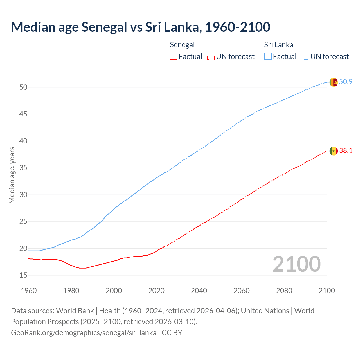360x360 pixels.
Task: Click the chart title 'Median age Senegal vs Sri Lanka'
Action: click(x=141, y=27)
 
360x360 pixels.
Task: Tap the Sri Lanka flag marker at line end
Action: click(x=334, y=82)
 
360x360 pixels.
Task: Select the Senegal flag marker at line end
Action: click(x=334, y=151)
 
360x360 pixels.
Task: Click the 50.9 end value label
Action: click(x=346, y=82)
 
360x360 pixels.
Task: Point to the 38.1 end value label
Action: click(x=346, y=151)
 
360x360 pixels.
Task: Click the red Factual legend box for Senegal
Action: click(x=174, y=57)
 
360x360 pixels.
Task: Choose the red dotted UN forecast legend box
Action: click(x=211, y=57)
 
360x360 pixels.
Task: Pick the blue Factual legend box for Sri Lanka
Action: click(x=268, y=57)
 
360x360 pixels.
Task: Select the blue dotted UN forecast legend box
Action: click(x=305, y=57)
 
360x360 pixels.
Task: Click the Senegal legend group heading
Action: click(x=182, y=45)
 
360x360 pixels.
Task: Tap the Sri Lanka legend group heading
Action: click(x=278, y=45)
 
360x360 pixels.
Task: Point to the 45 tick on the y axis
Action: click(x=23, y=114)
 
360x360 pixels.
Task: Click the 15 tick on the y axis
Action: click(x=23, y=275)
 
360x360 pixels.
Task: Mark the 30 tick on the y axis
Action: click(x=23, y=195)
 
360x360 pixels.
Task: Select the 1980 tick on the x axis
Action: click(x=71, y=291)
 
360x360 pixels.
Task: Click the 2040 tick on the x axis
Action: click(x=199, y=291)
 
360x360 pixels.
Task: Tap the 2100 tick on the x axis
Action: click(x=327, y=291)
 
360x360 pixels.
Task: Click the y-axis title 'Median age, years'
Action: click(x=12, y=175)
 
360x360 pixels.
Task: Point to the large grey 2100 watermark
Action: click(x=296, y=264)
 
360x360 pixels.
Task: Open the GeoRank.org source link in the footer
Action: click(x=84, y=333)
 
